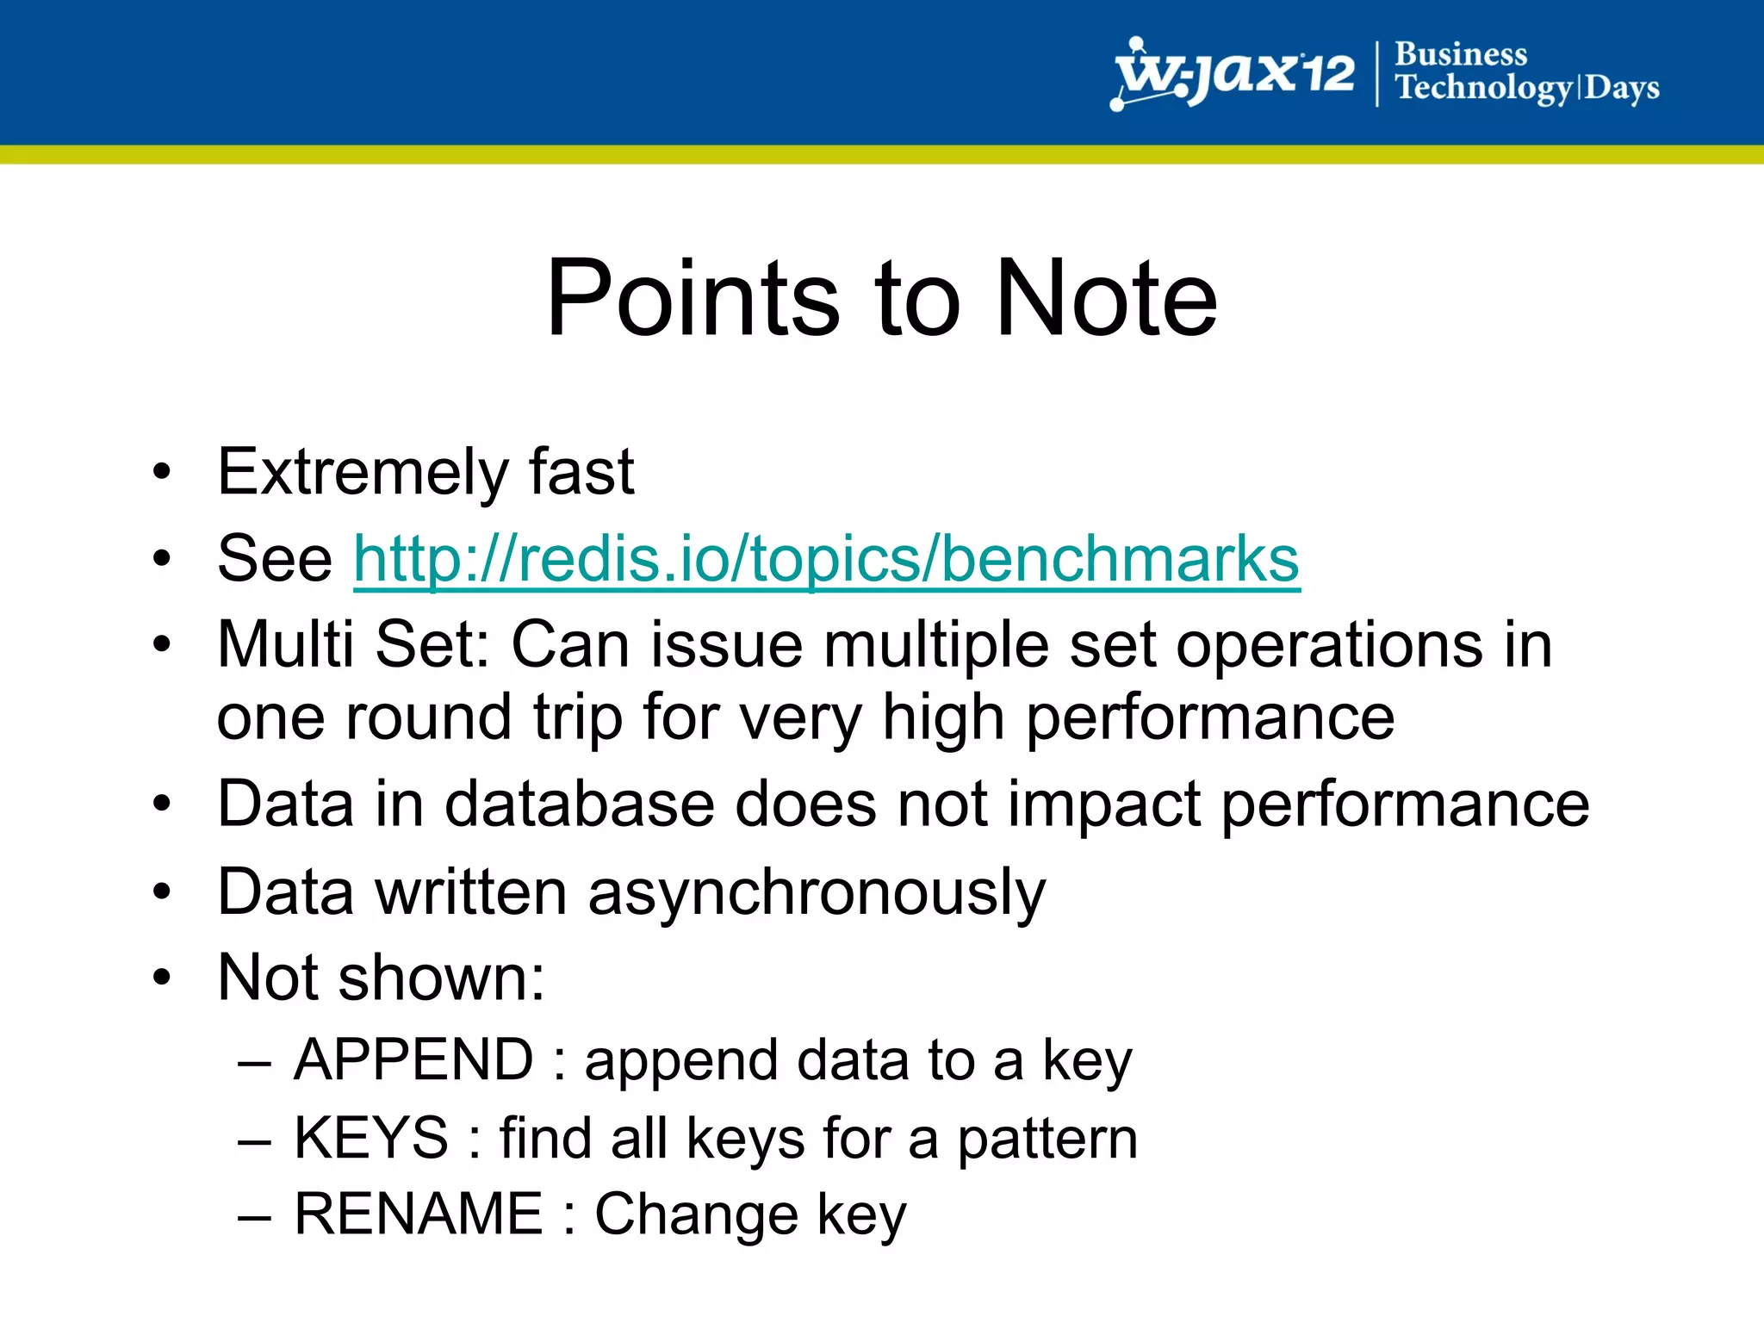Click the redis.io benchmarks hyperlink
click(826, 560)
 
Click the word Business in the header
click(1460, 54)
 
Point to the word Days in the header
click(1622, 88)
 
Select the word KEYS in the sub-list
click(371, 1138)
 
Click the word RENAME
click(419, 1214)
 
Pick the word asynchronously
click(816, 892)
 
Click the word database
click(580, 804)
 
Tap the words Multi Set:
click(353, 644)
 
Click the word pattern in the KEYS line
click(1047, 1140)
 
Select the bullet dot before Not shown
click(162, 978)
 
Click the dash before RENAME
click(255, 1215)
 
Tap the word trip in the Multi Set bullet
click(577, 718)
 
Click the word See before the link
click(274, 560)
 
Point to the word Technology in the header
click(1483, 88)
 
